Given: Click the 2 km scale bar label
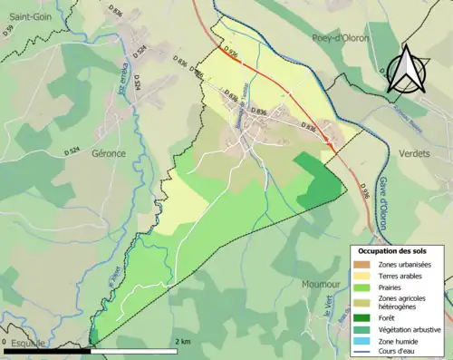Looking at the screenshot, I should coord(182,342).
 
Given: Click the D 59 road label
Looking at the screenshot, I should coord(7,31).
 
